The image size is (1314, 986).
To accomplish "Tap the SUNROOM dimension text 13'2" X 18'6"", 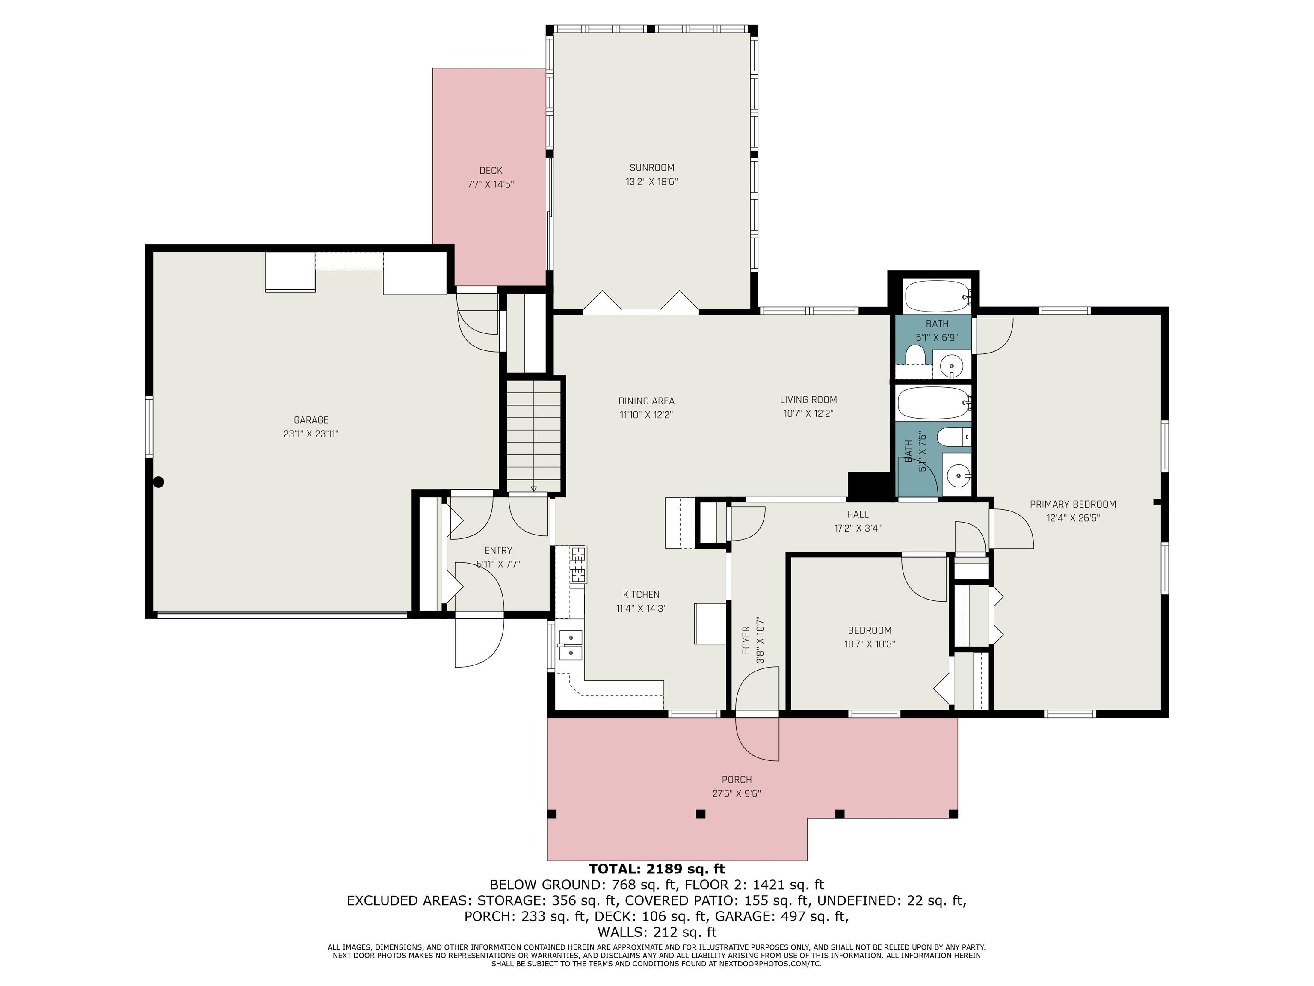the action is [x=652, y=182].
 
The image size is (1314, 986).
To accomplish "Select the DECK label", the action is [x=491, y=171].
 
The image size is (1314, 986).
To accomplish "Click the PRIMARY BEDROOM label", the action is [x=1073, y=504].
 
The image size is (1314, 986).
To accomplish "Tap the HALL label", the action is [x=858, y=514].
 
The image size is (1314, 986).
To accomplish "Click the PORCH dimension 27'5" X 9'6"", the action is [x=737, y=793].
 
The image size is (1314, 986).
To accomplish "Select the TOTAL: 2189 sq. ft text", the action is [x=657, y=869].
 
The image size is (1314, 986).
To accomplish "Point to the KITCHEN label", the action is [x=641, y=594].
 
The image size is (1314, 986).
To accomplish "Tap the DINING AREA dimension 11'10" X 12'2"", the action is [x=646, y=415].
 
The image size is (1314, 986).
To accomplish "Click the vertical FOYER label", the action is [x=746, y=640].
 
